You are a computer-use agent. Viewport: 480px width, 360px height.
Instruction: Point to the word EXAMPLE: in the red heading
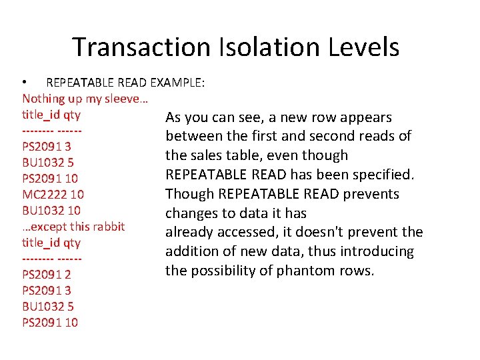tap(178, 83)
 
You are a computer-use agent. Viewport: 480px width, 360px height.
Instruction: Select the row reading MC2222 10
tap(53, 195)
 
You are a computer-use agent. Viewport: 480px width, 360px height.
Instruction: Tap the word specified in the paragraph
tap(386, 175)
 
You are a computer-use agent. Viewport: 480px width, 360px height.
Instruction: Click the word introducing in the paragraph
tap(377, 251)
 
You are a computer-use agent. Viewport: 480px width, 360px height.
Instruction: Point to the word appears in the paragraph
tap(366, 117)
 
